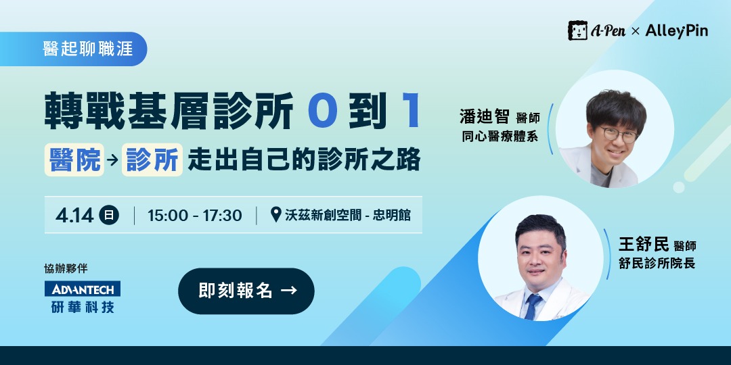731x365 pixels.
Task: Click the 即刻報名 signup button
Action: point(246,291)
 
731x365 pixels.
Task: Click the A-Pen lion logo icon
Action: point(577,30)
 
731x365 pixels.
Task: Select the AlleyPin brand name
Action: point(676,30)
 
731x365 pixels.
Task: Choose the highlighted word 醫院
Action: point(74,160)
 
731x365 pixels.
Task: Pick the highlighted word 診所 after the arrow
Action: point(152,160)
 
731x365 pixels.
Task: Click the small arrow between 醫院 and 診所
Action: point(112,161)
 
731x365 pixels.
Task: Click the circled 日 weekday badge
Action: point(108,216)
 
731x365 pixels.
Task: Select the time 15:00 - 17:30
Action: point(194,216)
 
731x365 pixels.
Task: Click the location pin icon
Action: point(275,215)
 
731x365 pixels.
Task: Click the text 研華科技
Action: point(83,306)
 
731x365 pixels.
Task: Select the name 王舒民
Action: point(642,243)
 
